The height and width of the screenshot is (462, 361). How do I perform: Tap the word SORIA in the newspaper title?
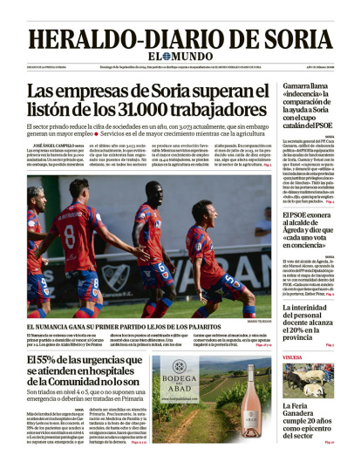pyautogui.click(x=300, y=39)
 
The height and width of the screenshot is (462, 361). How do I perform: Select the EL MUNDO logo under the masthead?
pyautogui.click(x=180, y=60)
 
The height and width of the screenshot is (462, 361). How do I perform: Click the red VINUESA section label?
pyautogui.click(x=293, y=356)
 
